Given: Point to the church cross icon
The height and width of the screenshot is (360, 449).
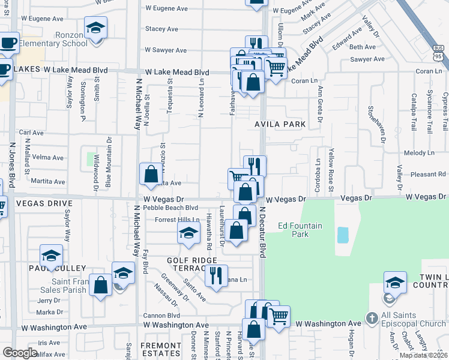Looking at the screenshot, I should tap(372, 317).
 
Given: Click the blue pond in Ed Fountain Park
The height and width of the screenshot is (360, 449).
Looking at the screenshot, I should tap(342, 235).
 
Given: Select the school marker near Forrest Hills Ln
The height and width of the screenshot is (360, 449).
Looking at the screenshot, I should tap(188, 233).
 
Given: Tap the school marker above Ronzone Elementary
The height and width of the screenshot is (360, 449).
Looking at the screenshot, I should tap(95, 28).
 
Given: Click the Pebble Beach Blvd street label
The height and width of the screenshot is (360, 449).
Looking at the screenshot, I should tap(158, 208).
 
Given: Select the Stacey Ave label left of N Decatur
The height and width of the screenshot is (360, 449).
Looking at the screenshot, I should tap(161, 29).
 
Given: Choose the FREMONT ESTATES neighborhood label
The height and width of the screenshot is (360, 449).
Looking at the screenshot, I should tap(160, 350).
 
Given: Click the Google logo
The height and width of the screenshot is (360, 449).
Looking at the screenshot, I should tap(20, 353).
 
